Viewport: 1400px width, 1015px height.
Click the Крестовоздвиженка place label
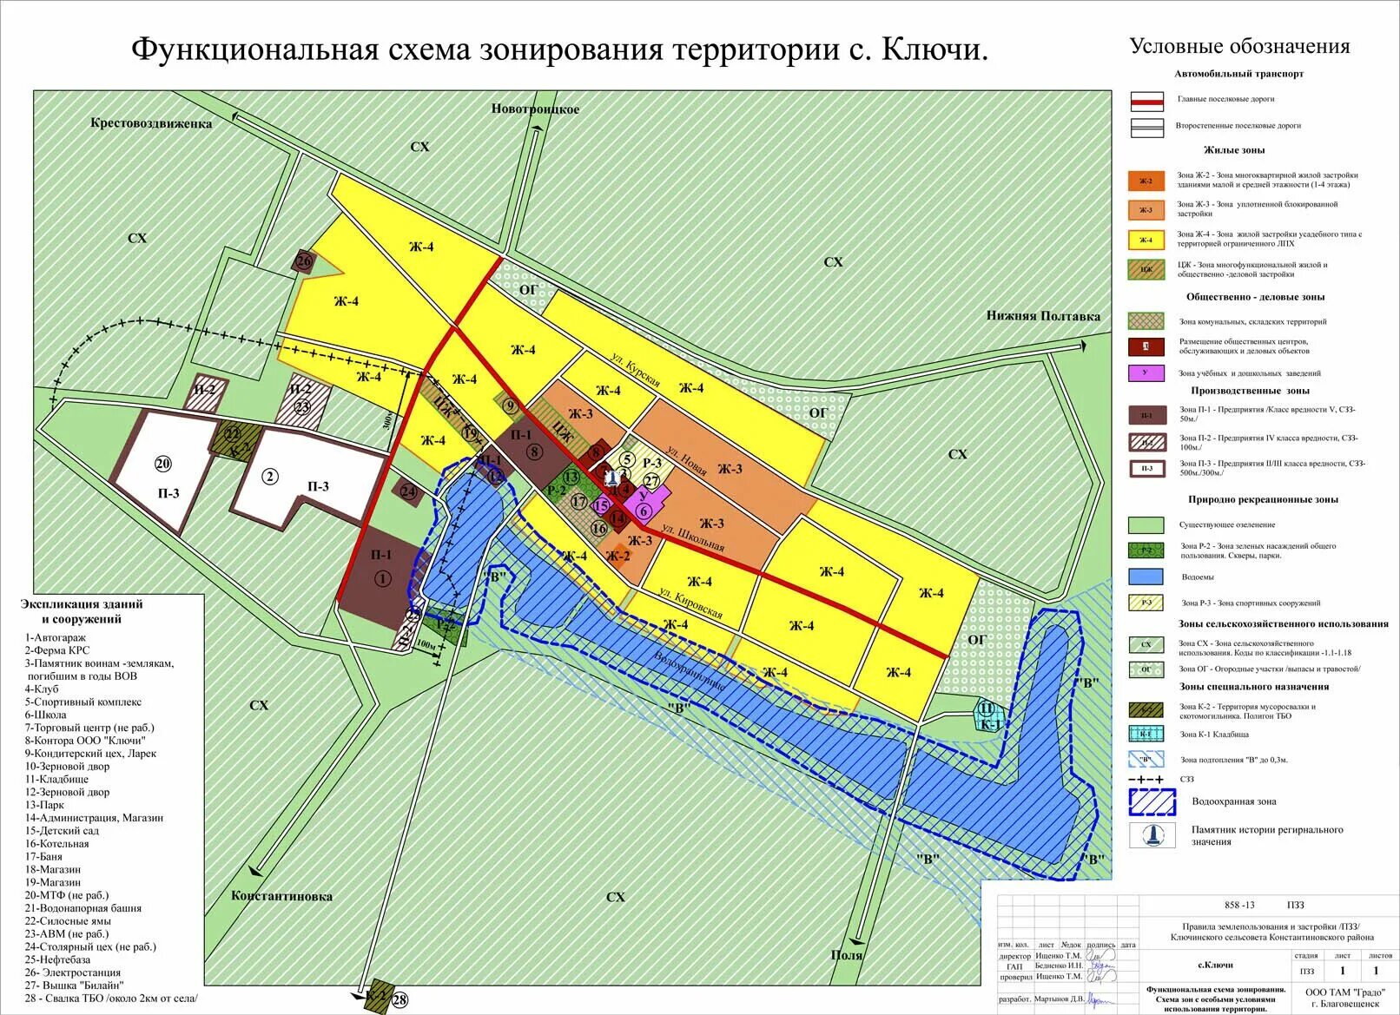tap(151, 123)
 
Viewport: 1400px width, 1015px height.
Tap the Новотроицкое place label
tap(535, 109)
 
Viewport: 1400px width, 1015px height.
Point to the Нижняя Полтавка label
tap(1042, 316)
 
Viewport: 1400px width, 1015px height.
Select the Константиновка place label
tap(281, 896)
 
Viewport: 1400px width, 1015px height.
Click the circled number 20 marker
tap(163, 464)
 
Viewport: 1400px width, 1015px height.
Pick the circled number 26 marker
tap(303, 260)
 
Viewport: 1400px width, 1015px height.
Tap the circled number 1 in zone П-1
tap(382, 579)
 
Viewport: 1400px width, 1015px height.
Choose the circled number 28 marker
tap(400, 1000)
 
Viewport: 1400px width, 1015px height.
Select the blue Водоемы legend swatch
tap(1146, 577)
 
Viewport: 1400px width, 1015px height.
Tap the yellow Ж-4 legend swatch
tap(1146, 240)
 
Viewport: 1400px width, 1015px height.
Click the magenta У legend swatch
tap(1146, 372)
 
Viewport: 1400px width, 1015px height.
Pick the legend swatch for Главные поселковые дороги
tap(1146, 101)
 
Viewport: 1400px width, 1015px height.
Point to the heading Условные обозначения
tap(1239, 47)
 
